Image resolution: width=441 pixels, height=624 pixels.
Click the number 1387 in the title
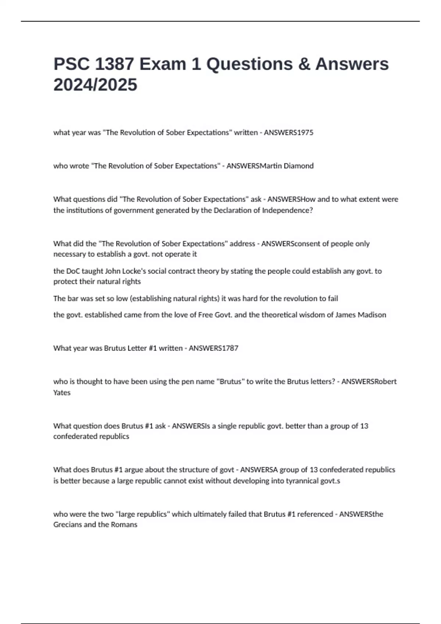pos(114,64)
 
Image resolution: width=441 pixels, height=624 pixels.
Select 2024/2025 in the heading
pos(96,85)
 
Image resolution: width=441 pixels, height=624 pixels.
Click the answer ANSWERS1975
pos(288,133)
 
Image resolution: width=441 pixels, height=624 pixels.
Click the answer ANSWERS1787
pos(214,348)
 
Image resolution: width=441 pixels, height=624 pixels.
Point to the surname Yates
pos(62,392)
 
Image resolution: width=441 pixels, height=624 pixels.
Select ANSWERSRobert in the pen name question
pos(369,381)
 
